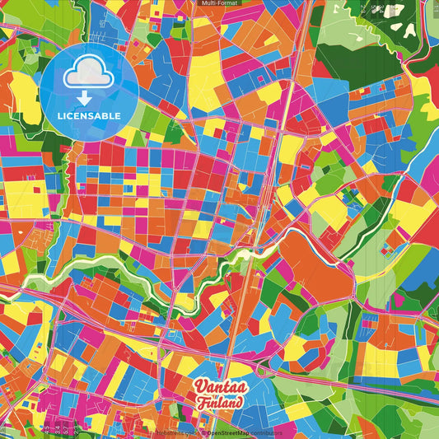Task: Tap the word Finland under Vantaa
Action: pyautogui.click(x=219, y=404)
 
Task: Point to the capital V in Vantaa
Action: pyautogui.click(x=200, y=386)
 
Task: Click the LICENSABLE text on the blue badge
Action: pyautogui.click(x=89, y=116)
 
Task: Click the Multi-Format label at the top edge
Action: pyautogui.click(x=219, y=3)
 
